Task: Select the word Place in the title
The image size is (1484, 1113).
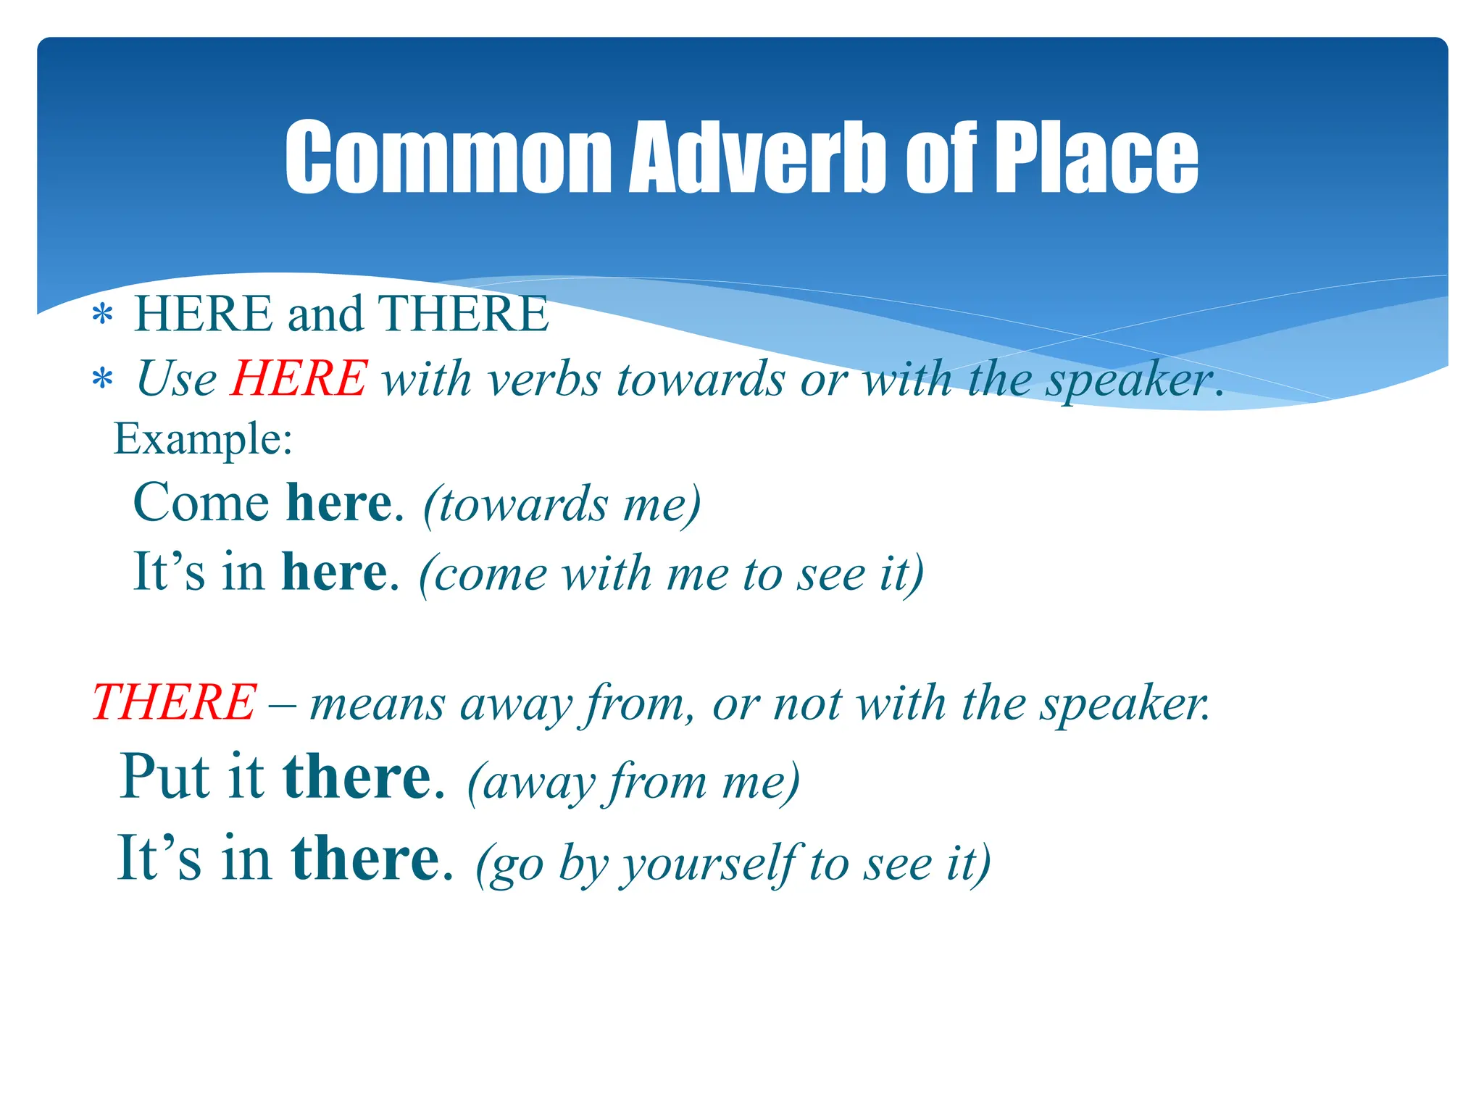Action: [x=1096, y=157]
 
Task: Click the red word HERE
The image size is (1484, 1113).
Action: [x=299, y=378]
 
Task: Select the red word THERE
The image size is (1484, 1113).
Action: [x=174, y=702]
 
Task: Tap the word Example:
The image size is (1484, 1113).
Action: [x=203, y=439]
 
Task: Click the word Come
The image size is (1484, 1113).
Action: [x=201, y=503]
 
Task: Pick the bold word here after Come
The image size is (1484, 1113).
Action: [x=338, y=503]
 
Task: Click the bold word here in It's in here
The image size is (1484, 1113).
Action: [x=334, y=572]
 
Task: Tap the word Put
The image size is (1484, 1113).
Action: [x=166, y=777]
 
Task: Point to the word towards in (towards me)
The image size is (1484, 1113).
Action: [x=523, y=504]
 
